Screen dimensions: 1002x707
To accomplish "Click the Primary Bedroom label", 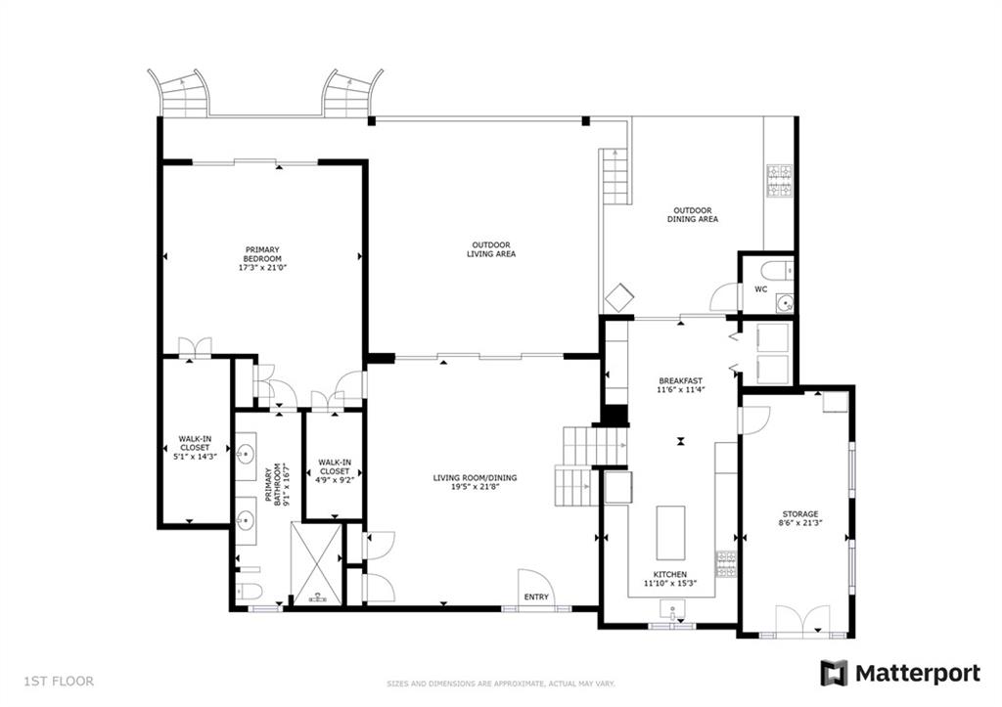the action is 262,254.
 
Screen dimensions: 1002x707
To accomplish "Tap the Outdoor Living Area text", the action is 491,249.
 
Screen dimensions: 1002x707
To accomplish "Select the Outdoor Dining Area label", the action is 693,214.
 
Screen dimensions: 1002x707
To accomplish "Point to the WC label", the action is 760,289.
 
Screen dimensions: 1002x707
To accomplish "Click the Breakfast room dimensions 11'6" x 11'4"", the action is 681,389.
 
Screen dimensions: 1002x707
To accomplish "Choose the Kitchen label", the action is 669,574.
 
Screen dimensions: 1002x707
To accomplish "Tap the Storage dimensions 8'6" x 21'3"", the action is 800,522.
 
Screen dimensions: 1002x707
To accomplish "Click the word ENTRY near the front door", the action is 536,597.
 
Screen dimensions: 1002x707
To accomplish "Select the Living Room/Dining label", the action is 475,478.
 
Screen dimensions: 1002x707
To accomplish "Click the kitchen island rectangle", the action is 670,533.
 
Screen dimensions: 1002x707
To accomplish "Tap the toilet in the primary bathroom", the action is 247,591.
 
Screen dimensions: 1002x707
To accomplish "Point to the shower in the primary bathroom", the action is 317,563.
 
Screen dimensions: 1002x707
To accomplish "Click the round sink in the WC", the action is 784,303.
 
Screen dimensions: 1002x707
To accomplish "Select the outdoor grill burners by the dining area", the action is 780,181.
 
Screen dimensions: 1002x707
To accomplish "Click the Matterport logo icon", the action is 834,673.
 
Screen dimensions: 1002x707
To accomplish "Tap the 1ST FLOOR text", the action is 59,682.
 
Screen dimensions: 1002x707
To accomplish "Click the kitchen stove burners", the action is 725,564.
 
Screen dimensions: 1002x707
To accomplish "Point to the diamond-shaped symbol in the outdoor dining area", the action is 619,297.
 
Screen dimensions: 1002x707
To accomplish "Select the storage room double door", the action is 802,621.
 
